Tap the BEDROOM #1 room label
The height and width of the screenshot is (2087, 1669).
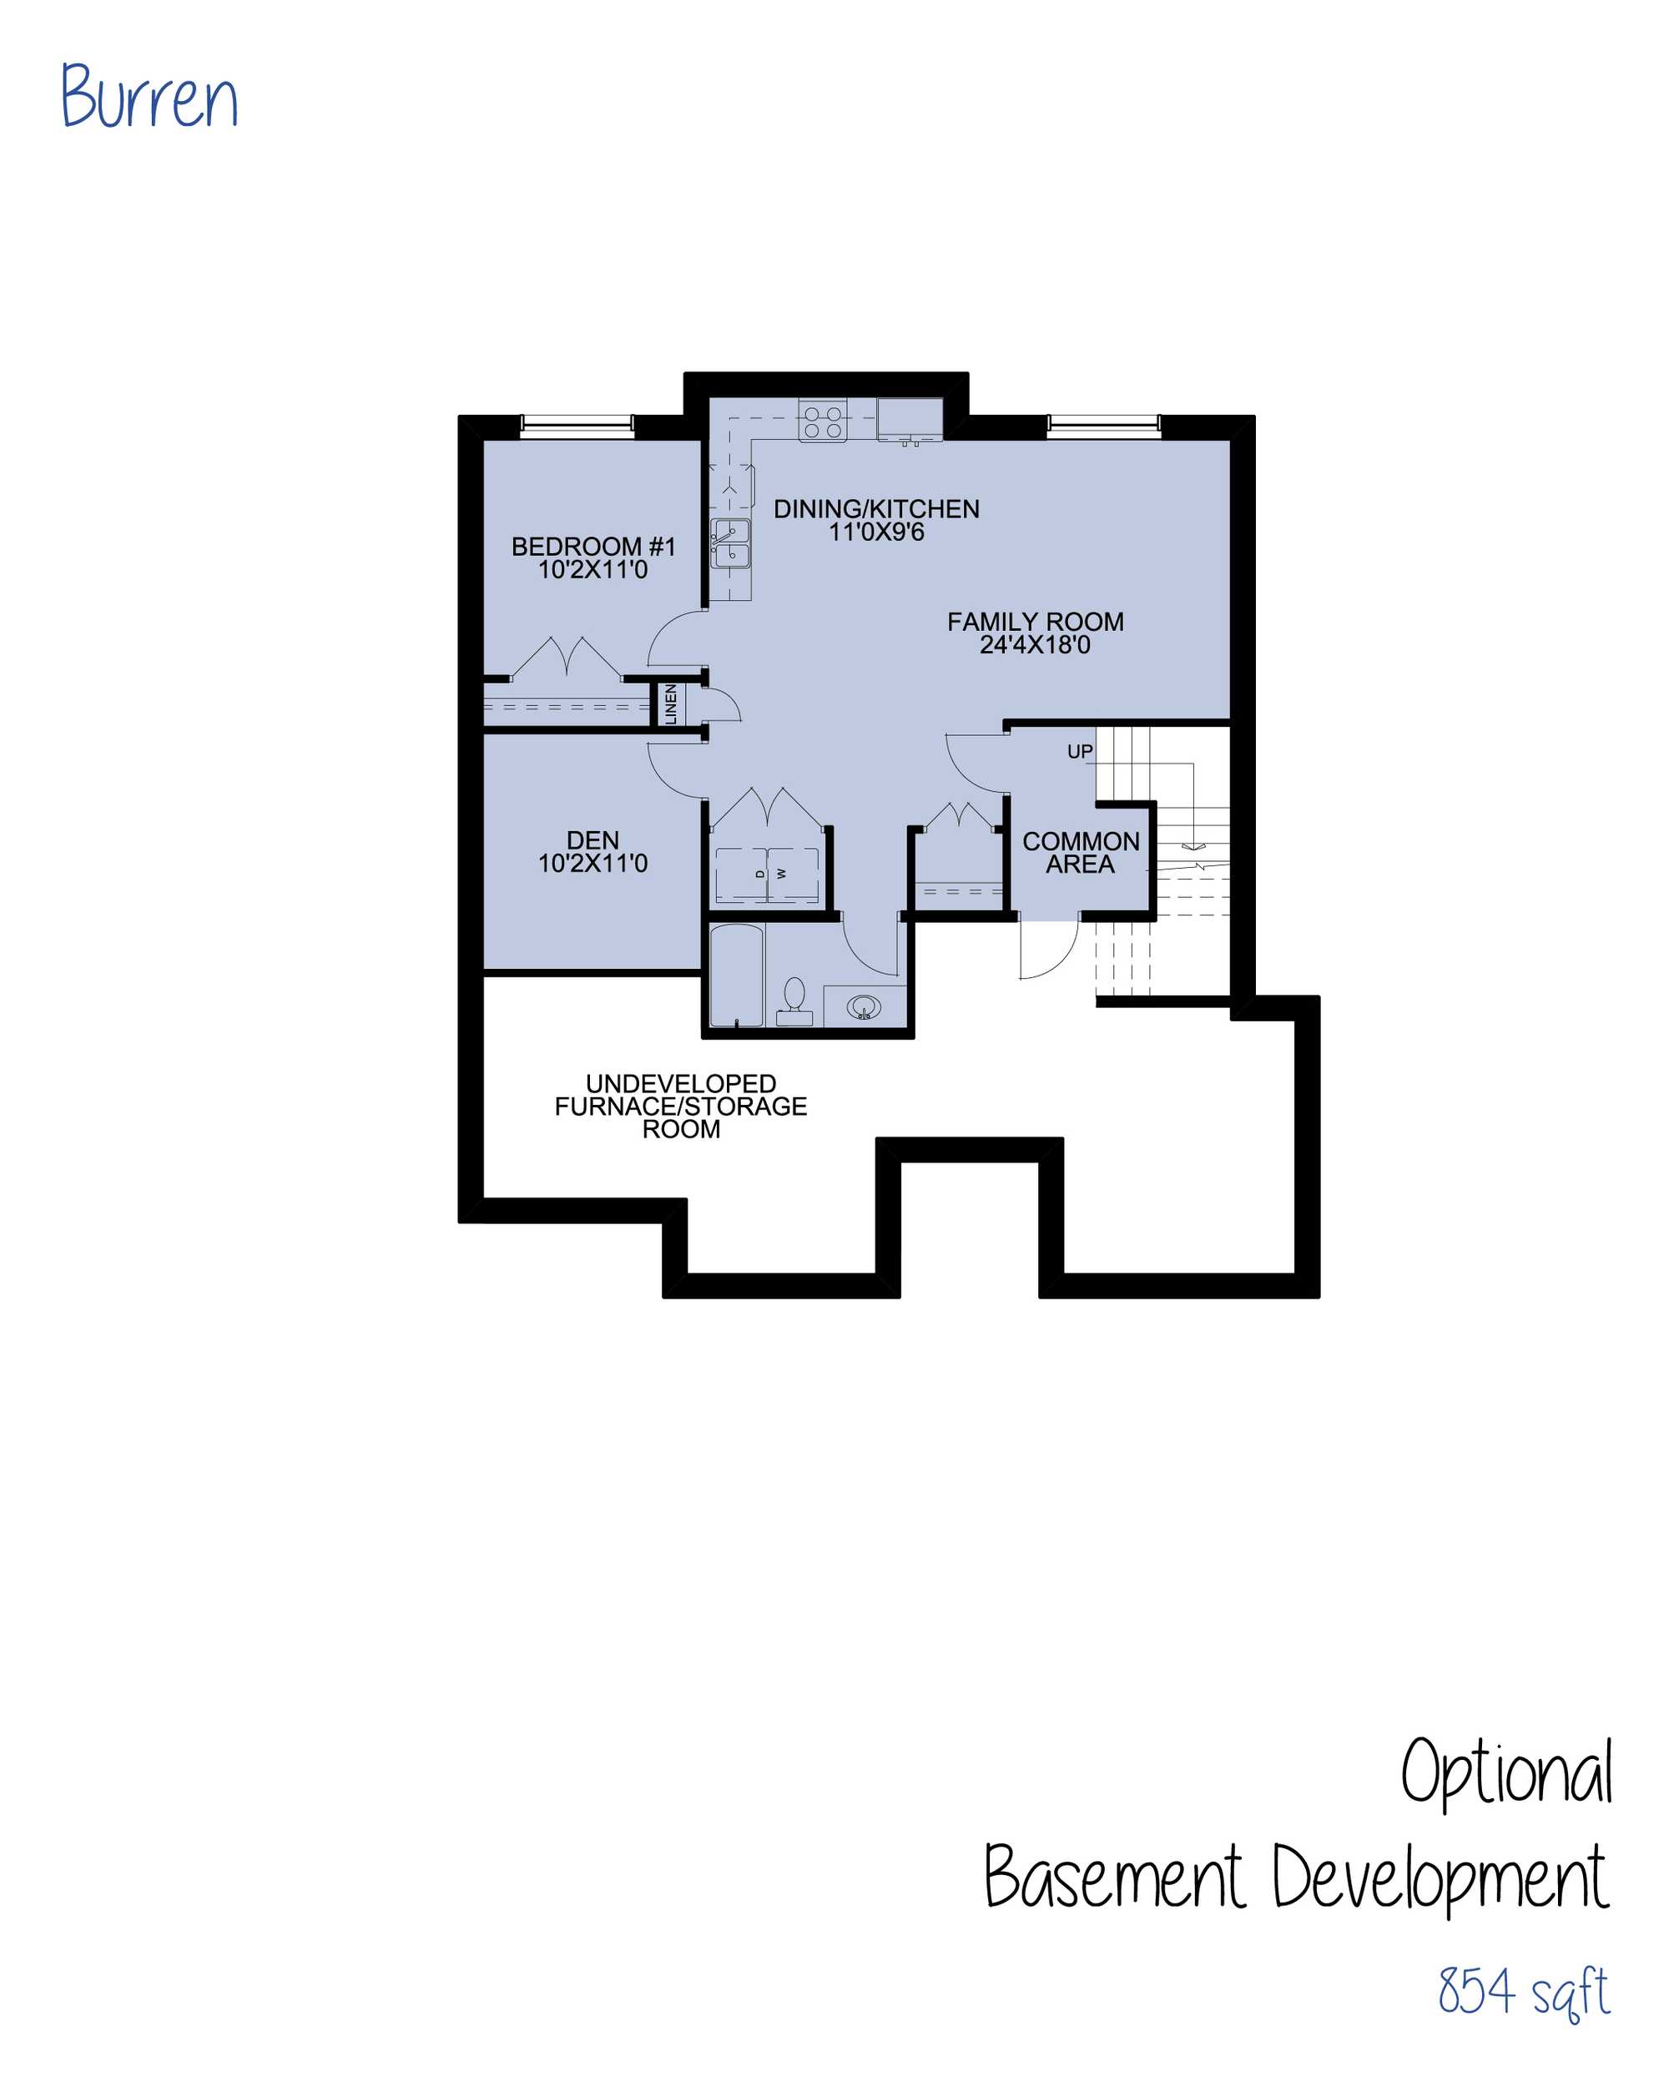tap(592, 558)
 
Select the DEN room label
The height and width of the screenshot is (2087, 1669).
tap(592, 852)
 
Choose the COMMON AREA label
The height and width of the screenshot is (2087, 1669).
tap(1081, 853)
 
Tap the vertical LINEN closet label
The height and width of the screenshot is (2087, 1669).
tap(670, 703)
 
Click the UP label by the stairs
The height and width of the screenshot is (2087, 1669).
tap(1080, 751)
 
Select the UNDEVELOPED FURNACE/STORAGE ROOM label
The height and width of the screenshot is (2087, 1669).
tap(681, 1107)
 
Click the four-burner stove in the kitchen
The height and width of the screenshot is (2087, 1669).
tap(823, 422)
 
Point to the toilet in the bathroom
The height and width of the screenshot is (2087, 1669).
tap(794, 1001)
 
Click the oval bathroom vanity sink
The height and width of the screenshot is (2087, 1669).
tap(864, 1008)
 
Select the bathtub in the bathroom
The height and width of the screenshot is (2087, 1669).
tap(737, 975)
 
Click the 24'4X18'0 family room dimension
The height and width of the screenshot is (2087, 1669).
tap(1035, 645)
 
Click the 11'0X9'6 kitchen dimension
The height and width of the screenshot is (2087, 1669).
tap(876, 532)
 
